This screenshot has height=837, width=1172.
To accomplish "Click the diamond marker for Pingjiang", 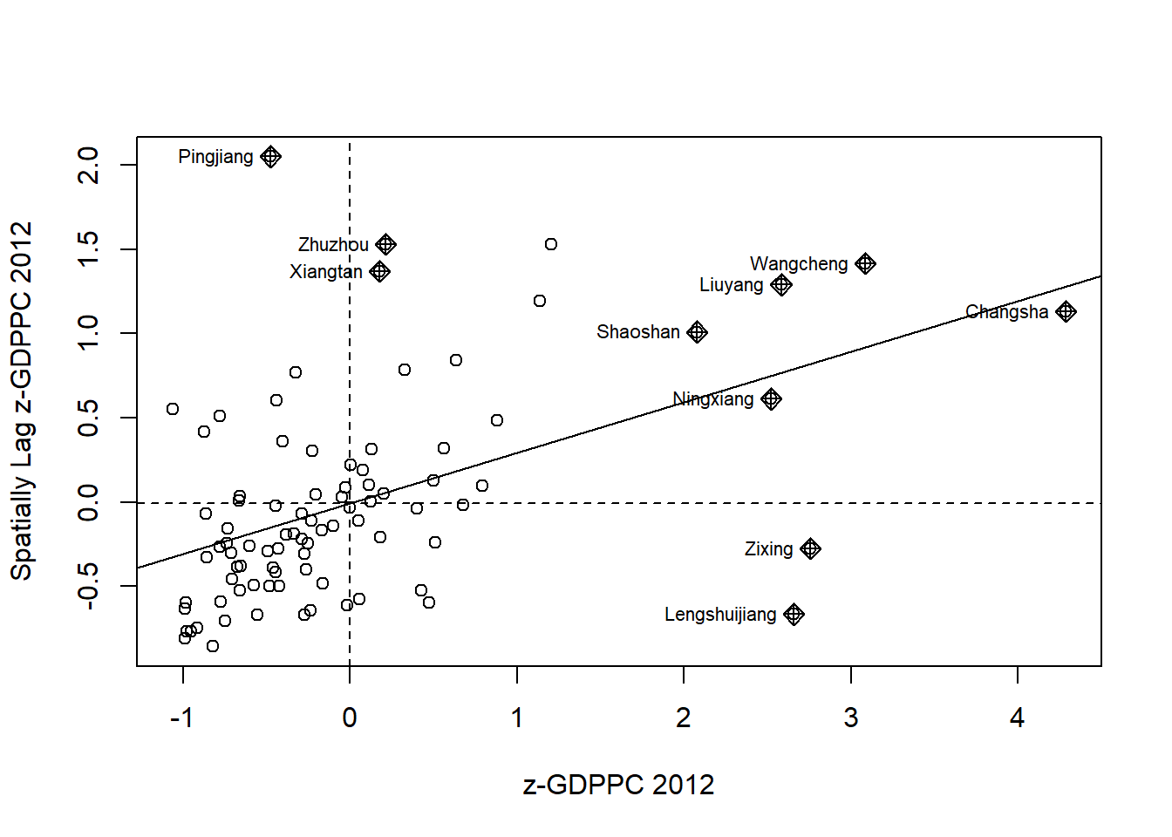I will tap(270, 157).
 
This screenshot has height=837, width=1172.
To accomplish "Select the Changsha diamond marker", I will tap(1066, 311).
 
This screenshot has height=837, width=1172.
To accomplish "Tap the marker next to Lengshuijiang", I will tap(794, 615).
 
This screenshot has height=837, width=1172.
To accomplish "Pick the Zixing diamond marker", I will tap(810, 549).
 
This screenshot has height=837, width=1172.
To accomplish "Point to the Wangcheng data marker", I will tap(865, 263).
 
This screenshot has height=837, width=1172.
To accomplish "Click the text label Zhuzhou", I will tap(333, 245).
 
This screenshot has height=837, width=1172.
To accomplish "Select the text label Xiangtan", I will tap(326, 272).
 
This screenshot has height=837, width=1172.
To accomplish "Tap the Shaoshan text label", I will tap(637, 332).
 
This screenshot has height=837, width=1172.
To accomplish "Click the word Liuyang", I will tap(731, 285).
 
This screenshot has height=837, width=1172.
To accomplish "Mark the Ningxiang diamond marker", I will tap(771, 399).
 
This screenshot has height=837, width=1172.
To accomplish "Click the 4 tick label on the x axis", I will tap(1017, 718).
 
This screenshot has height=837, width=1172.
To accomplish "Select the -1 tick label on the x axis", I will tap(181, 718).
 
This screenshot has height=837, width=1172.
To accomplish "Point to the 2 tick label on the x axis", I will tap(684, 718).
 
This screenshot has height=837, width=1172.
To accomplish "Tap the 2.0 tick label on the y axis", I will tap(89, 165).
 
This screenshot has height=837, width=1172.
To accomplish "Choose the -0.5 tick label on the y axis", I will tap(89, 585).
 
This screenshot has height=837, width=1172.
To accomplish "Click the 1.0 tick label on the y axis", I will tap(89, 333).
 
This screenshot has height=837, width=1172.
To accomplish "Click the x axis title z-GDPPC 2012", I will tap(618, 785).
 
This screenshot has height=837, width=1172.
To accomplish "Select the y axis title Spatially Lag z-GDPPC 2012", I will tap(22, 400).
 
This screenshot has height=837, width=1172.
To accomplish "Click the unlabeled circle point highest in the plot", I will tap(551, 244).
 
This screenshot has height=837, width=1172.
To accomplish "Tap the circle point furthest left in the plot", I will tap(173, 409).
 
